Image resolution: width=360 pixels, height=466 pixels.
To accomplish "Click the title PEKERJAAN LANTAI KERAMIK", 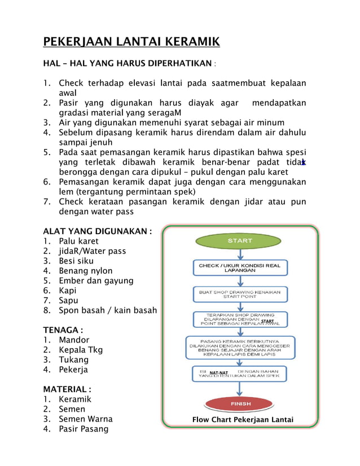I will [x=131, y=42].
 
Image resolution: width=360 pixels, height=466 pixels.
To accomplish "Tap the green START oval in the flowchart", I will [x=240, y=241].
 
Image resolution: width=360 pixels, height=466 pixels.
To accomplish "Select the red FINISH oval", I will [x=240, y=404].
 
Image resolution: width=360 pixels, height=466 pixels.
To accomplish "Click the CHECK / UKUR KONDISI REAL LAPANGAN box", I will [x=240, y=267].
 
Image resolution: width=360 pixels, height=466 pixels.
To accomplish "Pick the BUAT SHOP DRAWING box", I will [x=240, y=294].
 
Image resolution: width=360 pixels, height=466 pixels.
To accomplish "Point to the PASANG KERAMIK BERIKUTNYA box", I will [x=240, y=348].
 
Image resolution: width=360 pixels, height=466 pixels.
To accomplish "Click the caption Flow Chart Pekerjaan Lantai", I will [x=243, y=420].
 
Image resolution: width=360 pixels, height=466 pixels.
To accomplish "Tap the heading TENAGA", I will [x=63, y=329].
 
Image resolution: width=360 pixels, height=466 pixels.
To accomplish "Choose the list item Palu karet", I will [x=78, y=241].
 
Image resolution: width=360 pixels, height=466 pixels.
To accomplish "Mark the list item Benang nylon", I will [x=85, y=271].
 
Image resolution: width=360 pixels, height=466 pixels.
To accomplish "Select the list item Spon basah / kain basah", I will [x=108, y=310].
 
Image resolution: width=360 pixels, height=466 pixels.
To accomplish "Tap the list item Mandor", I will [x=74, y=340].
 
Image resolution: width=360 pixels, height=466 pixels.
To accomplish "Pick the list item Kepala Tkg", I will [x=81, y=350].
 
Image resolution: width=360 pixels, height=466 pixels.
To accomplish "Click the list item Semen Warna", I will [x=86, y=419].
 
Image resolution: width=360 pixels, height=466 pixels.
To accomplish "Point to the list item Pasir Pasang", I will [x=84, y=429].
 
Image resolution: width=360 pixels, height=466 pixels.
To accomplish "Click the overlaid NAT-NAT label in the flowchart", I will [x=219, y=373].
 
